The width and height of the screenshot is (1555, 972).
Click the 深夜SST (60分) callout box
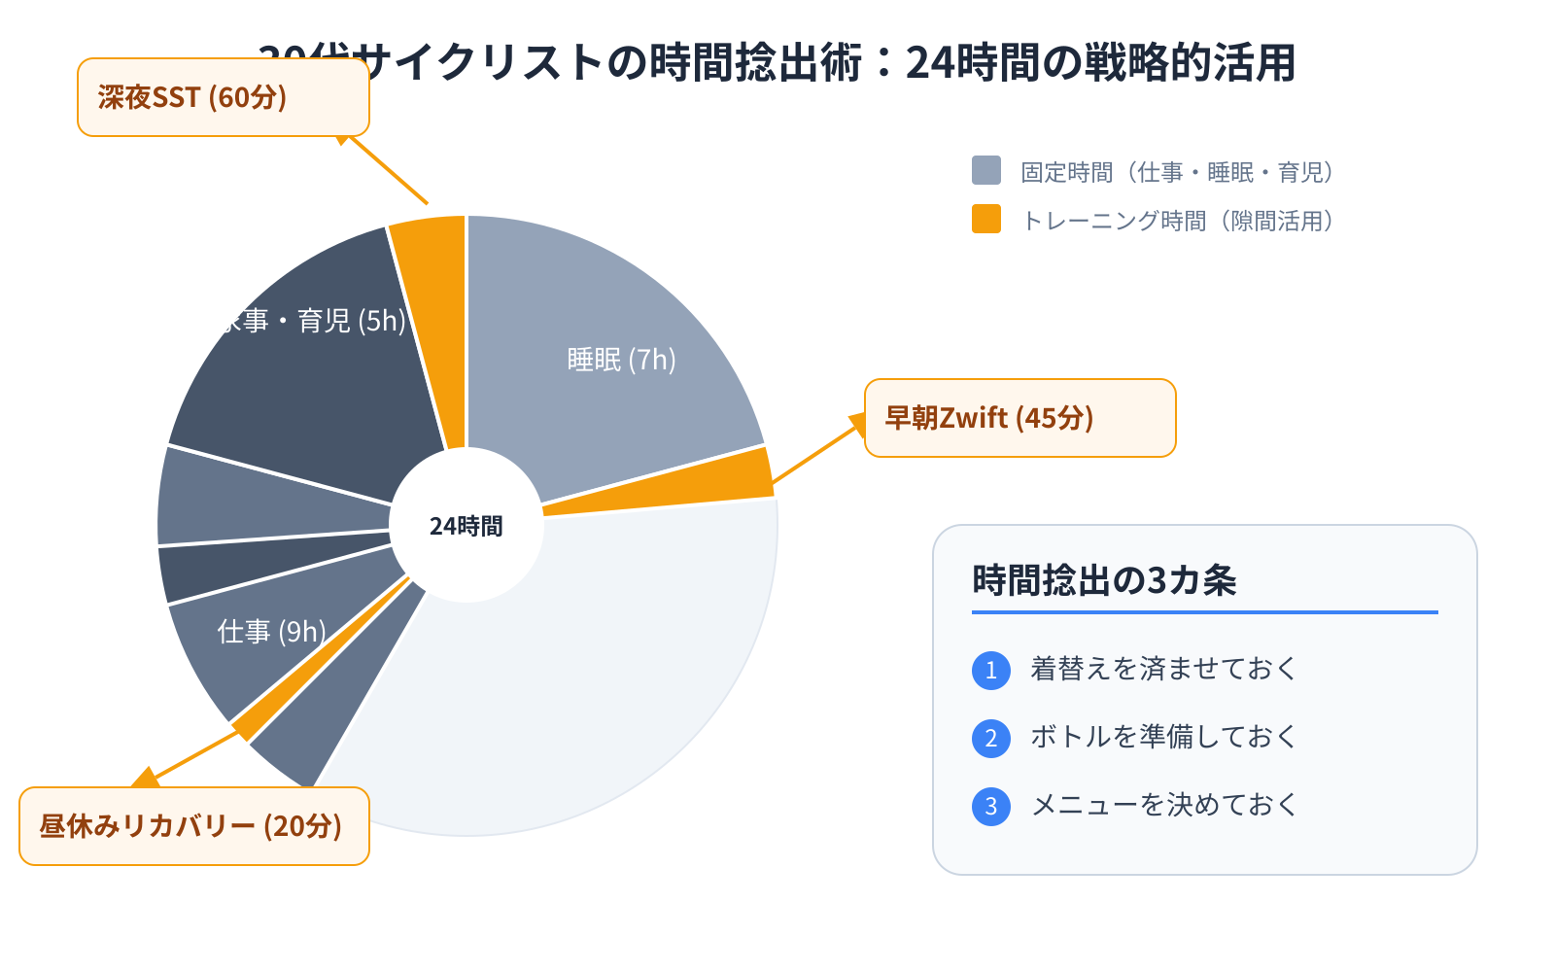coord(223,97)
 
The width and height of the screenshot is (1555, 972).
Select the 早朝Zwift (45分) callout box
coord(1019,418)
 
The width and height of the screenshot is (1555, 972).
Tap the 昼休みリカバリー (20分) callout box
coord(193,826)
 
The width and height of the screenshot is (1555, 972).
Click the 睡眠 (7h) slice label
coord(621,360)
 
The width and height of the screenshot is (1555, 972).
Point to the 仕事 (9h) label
coord(271,632)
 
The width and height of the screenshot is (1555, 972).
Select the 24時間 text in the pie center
coord(466,526)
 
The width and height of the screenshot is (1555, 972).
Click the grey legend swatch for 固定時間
coord(985,170)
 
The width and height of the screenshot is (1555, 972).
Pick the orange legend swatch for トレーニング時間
coord(985,219)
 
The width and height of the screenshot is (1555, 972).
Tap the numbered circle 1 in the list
coord(990,670)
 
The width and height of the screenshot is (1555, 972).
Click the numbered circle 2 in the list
coord(990,738)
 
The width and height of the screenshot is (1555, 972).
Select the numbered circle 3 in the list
coord(990,806)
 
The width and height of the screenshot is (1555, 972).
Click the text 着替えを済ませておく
coord(1163,669)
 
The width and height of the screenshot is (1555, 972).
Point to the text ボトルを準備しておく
coord(1163,737)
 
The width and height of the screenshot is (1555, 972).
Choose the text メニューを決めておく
coord(1163,805)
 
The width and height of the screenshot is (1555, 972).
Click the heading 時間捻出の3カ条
coord(1104,580)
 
